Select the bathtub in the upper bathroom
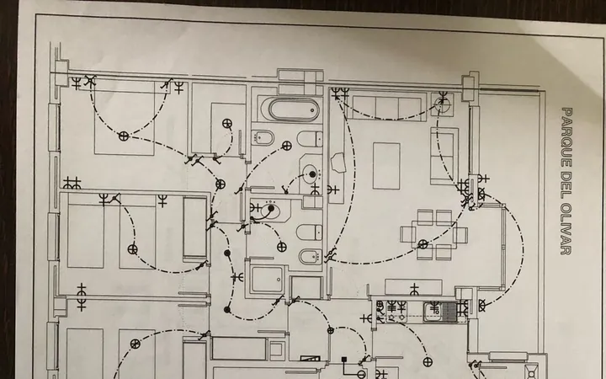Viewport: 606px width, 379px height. point(295,109)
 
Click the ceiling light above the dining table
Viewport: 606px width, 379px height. point(423,244)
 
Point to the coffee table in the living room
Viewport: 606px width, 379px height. point(386,166)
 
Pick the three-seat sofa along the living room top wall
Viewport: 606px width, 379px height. point(386,107)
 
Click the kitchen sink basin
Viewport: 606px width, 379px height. point(433,312)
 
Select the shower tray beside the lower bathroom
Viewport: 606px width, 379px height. point(268,280)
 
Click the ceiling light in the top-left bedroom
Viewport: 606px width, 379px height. point(123,136)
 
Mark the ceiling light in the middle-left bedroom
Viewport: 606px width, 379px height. point(133,249)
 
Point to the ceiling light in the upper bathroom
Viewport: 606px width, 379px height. point(287,146)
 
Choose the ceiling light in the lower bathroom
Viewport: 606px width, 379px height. point(282,247)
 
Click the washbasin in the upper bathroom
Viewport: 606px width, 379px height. point(311,174)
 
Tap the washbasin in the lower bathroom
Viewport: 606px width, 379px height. point(270,211)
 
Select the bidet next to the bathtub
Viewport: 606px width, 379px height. point(263,137)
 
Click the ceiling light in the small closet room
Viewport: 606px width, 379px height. point(227,124)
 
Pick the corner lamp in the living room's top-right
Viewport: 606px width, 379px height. point(442,102)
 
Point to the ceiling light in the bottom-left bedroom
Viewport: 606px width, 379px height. point(135,344)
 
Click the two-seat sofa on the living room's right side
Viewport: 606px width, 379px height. point(444,157)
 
